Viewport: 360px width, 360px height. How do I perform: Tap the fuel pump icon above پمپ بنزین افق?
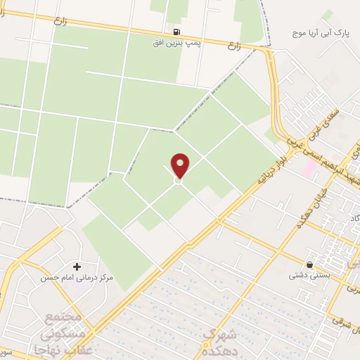click(175, 32)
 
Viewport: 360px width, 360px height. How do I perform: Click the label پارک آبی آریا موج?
click(321, 33)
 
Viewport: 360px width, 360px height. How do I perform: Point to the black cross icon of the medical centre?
click(77, 266)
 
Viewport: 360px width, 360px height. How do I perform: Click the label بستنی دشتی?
click(308, 276)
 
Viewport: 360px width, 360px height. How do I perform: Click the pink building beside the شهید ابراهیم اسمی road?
click(309, 168)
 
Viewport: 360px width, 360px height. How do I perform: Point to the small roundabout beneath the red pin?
click(179, 181)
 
